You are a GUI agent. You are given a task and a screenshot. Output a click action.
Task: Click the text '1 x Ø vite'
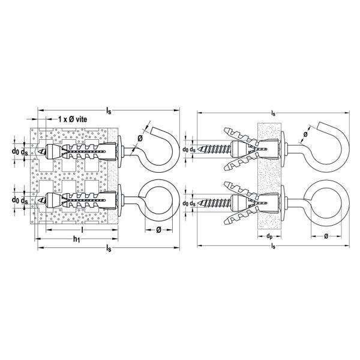[x=73, y=119]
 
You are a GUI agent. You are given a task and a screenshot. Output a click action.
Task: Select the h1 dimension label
[x=76, y=239]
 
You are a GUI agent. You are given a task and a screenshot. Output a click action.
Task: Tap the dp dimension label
[x=269, y=236]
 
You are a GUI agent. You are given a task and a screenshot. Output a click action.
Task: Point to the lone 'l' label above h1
[x=82, y=229]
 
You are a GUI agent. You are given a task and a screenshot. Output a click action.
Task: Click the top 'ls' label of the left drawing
[x=109, y=111]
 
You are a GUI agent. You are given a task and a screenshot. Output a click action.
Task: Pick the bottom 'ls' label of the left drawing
[x=109, y=248]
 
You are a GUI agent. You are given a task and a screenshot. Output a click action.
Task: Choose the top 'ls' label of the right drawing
[x=273, y=113]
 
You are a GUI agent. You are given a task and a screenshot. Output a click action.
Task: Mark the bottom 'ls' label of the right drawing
[x=273, y=247]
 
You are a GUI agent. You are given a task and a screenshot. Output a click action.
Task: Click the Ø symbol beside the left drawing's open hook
[x=140, y=138]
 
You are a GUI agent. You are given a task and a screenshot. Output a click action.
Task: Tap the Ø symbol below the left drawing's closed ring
[x=158, y=230]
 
